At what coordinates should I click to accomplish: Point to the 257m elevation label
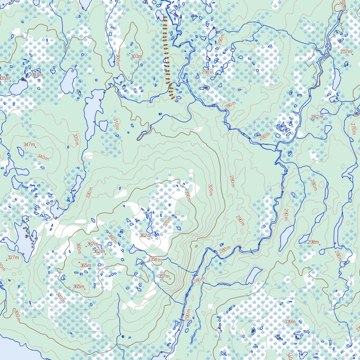coord(346,52)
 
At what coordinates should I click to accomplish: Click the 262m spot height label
coord(317,117)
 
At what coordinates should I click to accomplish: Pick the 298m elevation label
coord(313,242)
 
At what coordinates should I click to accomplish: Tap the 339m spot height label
coord(290,322)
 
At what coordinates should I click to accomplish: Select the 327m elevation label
coord(13,257)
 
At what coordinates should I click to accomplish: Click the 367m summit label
coord(92,244)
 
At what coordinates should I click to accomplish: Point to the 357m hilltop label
coord(164,277)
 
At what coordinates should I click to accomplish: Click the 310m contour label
coord(116,124)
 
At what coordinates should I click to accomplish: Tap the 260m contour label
coord(265,136)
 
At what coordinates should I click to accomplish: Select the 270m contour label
coord(353,129)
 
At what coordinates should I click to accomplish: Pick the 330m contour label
coord(210,190)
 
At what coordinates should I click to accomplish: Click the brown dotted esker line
coord(167,56)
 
